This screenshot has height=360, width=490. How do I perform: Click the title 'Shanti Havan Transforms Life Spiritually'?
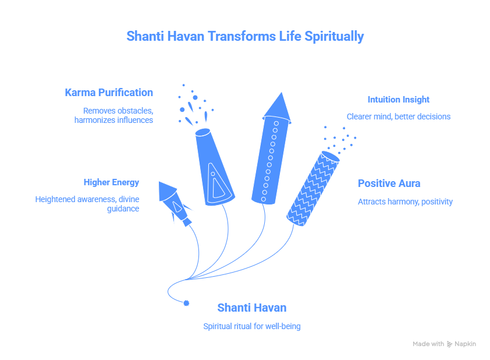click(x=245, y=36)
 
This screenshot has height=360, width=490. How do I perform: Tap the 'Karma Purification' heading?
click(x=109, y=93)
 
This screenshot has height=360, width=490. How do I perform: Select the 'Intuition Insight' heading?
click(x=398, y=100)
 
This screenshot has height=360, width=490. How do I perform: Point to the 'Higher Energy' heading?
click(x=111, y=182)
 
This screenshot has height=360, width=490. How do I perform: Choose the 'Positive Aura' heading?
click(x=389, y=183)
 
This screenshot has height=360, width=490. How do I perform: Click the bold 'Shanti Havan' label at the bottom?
click(x=251, y=308)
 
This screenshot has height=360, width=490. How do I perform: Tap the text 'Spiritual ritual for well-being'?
click(x=251, y=326)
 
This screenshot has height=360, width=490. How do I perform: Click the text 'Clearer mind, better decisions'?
click(x=398, y=117)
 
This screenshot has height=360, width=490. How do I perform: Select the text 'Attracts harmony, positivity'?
click(x=404, y=202)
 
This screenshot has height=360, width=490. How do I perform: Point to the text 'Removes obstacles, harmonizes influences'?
click(x=113, y=115)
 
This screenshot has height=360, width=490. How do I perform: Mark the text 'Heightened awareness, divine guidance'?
click(x=87, y=204)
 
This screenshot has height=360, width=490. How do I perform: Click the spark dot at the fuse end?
click(x=186, y=303)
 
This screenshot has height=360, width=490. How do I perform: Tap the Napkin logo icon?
click(x=449, y=344)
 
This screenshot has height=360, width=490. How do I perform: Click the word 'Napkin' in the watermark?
click(x=465, y=344)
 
